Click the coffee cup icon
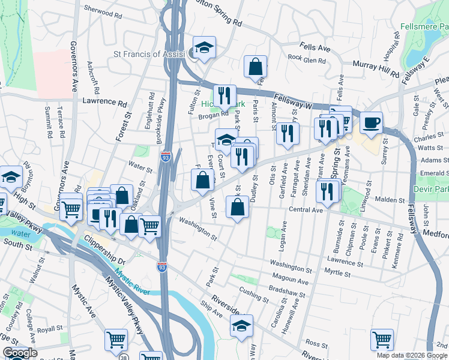pyautogui.click(x=371, y=122)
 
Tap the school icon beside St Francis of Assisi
pyautogui.click(x=204, y=47)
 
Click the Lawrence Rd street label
pyautogui.click(x=105, y=102)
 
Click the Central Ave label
pyautogui.click(x=306, y=210)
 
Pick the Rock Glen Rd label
pyautogui.click(x=306, y=58)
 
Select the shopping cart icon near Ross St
pyautogui.click(x=382, y=340)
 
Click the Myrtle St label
pyautogui.click(x=337, y=274)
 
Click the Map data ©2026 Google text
pyautogui.click(x=412, y=355)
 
